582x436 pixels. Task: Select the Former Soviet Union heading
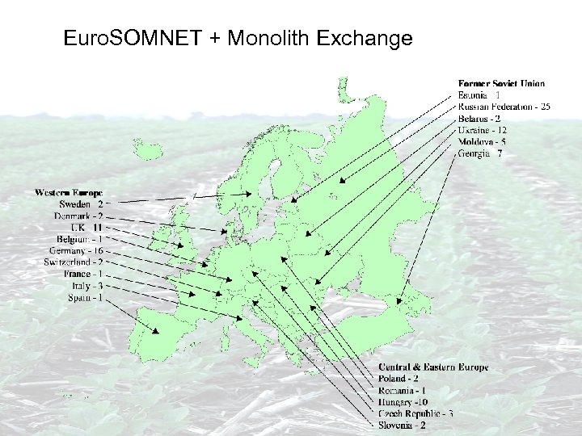click(x=501, y=83)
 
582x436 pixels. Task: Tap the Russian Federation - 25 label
click(x=504, y=107)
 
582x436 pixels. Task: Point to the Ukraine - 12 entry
click(x=483, y=130)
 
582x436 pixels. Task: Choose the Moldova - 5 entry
click(x=482, y=142)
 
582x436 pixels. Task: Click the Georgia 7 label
click(x=480, y=153)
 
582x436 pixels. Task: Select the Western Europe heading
click(x=69, y=193)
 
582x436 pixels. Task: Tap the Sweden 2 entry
click(x=81, y=205)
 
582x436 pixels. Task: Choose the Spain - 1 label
click(x=85, y=298)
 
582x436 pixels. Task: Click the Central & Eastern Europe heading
click(x=433, y=367)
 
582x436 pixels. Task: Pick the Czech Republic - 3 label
click(x=415, y=413)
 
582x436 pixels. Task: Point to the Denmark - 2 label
click(x=78, y=216)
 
